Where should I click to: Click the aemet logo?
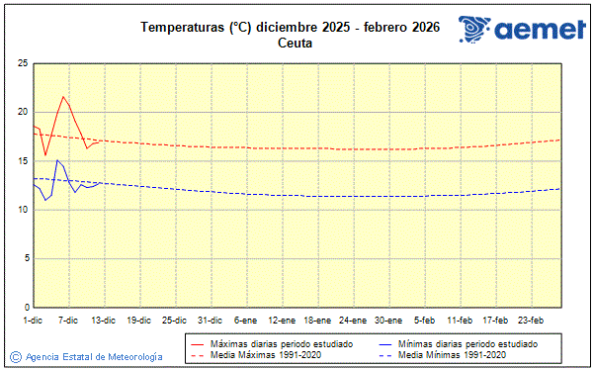pyautogui.click(x=521, y=30)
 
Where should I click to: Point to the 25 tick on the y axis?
pyautogui.click(x=22, y=63)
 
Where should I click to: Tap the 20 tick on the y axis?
pyautogui.click(x=22, y=112)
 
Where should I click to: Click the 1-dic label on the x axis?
pyautogui.click(x=33, y=321)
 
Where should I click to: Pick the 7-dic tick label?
pyautogui.click(x=68, y=321)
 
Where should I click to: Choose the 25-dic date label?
pyautogui.click(x=174, y=321)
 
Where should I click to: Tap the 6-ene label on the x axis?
pyautogui.click(x=245, y=321)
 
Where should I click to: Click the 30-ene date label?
pyautogui.click(x=388, y=321)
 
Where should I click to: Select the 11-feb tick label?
pyautogui.click(x=460, y=321)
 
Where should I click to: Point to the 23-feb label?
pyautogui.click(x=532, y=321)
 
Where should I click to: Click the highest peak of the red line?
pyautogui.click(x=63, y=97)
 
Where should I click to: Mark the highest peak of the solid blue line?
pyautogui.click(x=57, y=159)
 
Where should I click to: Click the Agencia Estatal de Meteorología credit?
pyautogui.click(x=94, y=356)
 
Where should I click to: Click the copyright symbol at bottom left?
pyautogui.click(x=15, y=356)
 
